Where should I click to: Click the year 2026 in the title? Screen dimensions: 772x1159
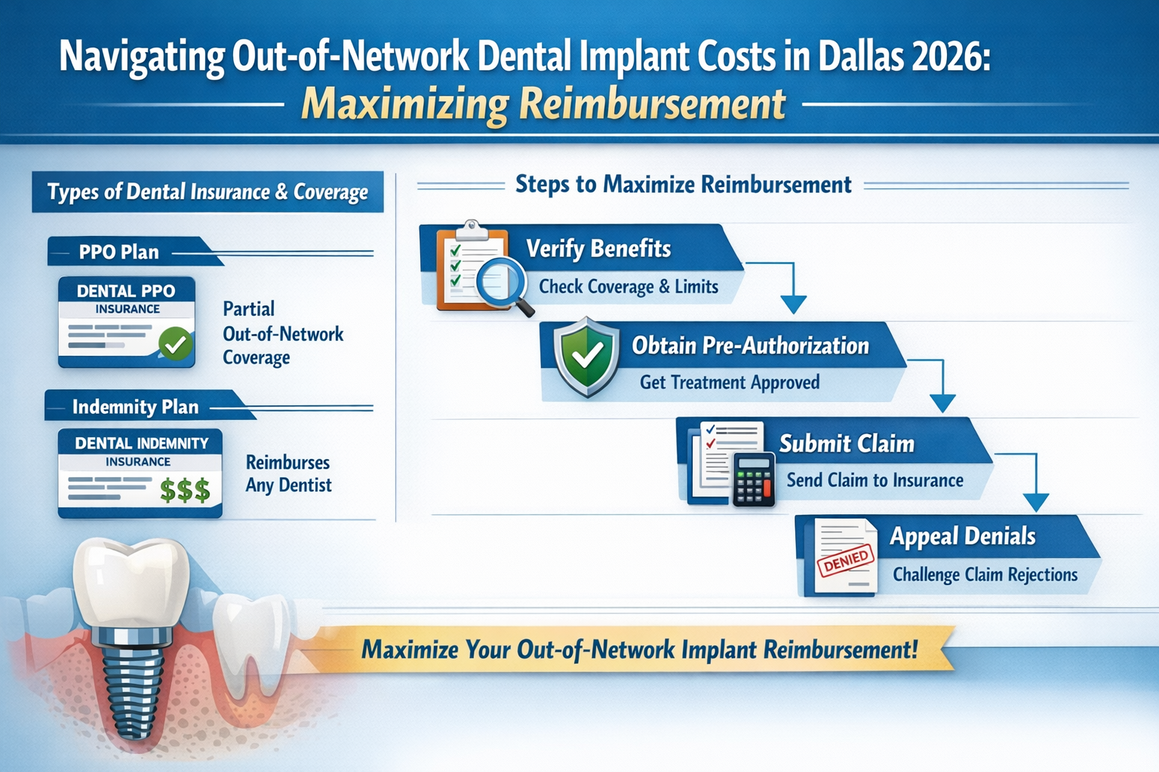[x=948, y=57]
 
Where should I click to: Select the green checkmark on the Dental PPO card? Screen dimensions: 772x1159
[x=176, y=345]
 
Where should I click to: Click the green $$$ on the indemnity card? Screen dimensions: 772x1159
[x=185, y=491]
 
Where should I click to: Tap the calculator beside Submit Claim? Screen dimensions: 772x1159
[x=753, y=479]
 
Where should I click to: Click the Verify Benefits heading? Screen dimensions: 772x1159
[x=598, y=248]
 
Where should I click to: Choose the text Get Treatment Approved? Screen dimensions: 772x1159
[x=729, y=382]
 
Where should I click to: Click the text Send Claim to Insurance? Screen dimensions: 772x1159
[x=875, y=480]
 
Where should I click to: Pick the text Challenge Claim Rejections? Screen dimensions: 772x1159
[x=985, y=574]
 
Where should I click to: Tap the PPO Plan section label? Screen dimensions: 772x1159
[x=119, y=252]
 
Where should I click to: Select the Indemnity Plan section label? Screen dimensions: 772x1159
[x=136, y=407]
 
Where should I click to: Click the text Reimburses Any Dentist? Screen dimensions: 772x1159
[x=288, y=473]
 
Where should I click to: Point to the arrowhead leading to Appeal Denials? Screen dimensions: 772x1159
[x=1035, y=503]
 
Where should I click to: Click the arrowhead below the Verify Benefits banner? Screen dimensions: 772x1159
[x=793, y=305]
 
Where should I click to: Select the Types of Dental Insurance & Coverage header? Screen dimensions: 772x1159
[x=208, y=192]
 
